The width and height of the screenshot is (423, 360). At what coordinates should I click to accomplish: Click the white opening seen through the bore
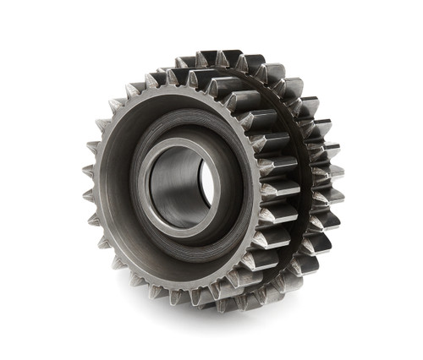pos(206,183)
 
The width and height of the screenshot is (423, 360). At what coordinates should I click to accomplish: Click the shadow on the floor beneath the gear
pos(254,317)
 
